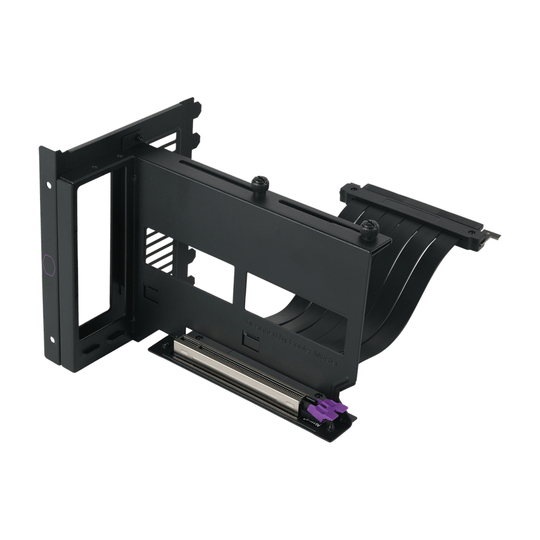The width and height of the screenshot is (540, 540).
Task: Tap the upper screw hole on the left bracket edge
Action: tap(49, 186)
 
